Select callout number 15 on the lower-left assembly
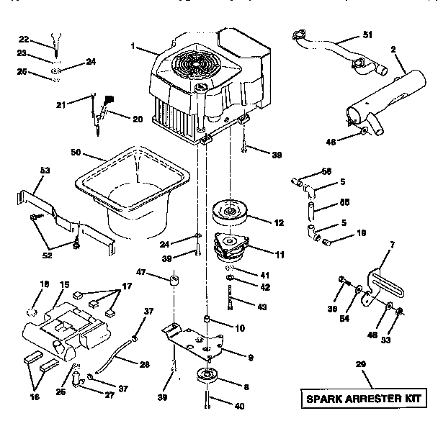63,284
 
